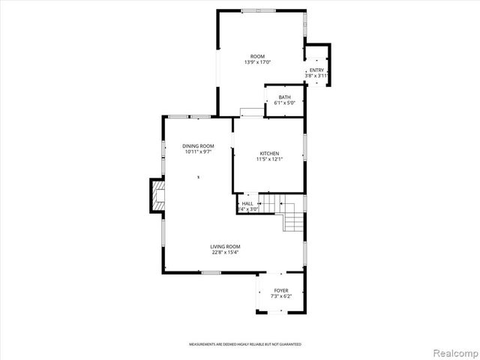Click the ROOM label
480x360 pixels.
click(257, 56)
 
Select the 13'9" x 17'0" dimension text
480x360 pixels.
click(257, 62)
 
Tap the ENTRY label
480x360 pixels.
click(316, 70)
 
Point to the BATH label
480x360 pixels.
click(285, 97)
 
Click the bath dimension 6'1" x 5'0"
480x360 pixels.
click(285, 103)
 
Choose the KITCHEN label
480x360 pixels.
click(269, 152)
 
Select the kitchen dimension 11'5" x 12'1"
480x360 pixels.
click(269, 158)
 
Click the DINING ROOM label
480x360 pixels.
click(198, 145)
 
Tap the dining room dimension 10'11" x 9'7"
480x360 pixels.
click(198, 151)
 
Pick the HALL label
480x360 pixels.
click(247, 203)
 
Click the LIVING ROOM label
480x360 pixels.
click(225, 246)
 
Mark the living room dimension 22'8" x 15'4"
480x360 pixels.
click(225, 252)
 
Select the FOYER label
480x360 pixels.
click(281, 290)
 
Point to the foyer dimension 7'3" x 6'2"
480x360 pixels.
click(281, 296)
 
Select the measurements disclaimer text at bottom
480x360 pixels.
click(244, 344)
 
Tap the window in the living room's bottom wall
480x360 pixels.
click(211, 272)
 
